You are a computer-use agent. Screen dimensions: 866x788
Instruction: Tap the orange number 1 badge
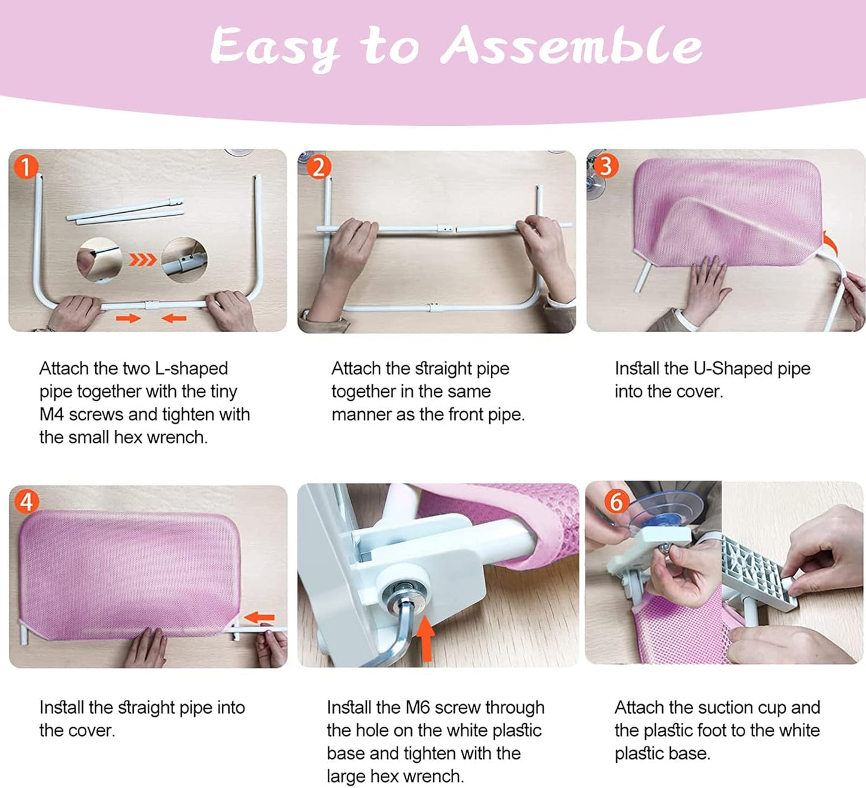pos(26,167)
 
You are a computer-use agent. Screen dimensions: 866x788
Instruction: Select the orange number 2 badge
pos(319,167)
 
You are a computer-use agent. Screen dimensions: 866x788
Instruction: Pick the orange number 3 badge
pos(606,166)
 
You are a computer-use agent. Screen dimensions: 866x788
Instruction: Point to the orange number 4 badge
pos(26,501)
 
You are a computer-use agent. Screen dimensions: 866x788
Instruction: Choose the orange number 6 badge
pos(617,502)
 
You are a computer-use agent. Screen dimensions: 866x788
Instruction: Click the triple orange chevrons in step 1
pos(143,260)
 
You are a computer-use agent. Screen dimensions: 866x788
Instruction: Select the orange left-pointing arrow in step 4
pos(260,617)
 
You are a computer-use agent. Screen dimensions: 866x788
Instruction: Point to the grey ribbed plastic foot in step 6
pos(759,573)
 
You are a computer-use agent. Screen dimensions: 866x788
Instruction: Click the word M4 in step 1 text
pos(52,414)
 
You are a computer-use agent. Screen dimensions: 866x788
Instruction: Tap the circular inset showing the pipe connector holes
pos(185,260)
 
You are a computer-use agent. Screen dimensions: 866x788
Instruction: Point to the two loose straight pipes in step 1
pos(125,211)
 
